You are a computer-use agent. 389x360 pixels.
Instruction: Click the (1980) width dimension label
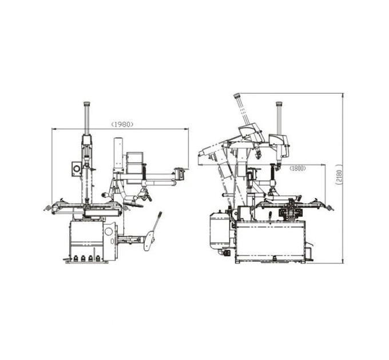point(122,124)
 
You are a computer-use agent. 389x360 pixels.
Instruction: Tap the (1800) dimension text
point(297,169)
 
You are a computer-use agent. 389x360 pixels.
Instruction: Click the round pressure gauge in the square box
point(77,169)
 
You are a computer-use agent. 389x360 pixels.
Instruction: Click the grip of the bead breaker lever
point(160,215)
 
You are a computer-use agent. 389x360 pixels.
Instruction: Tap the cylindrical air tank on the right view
point(219,230)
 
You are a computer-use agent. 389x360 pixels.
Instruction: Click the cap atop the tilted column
point(237,95)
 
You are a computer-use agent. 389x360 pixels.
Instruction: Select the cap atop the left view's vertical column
point(86,103)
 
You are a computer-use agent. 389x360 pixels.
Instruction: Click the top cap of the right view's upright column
point(280,103)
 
